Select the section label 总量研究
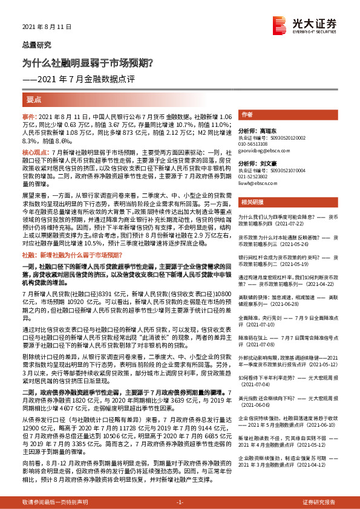click(x=36, y=45)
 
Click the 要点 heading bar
click(x=34, y=98)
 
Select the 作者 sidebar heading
click(x=247, y=114)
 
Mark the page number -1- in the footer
click(x=180, y=502)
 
